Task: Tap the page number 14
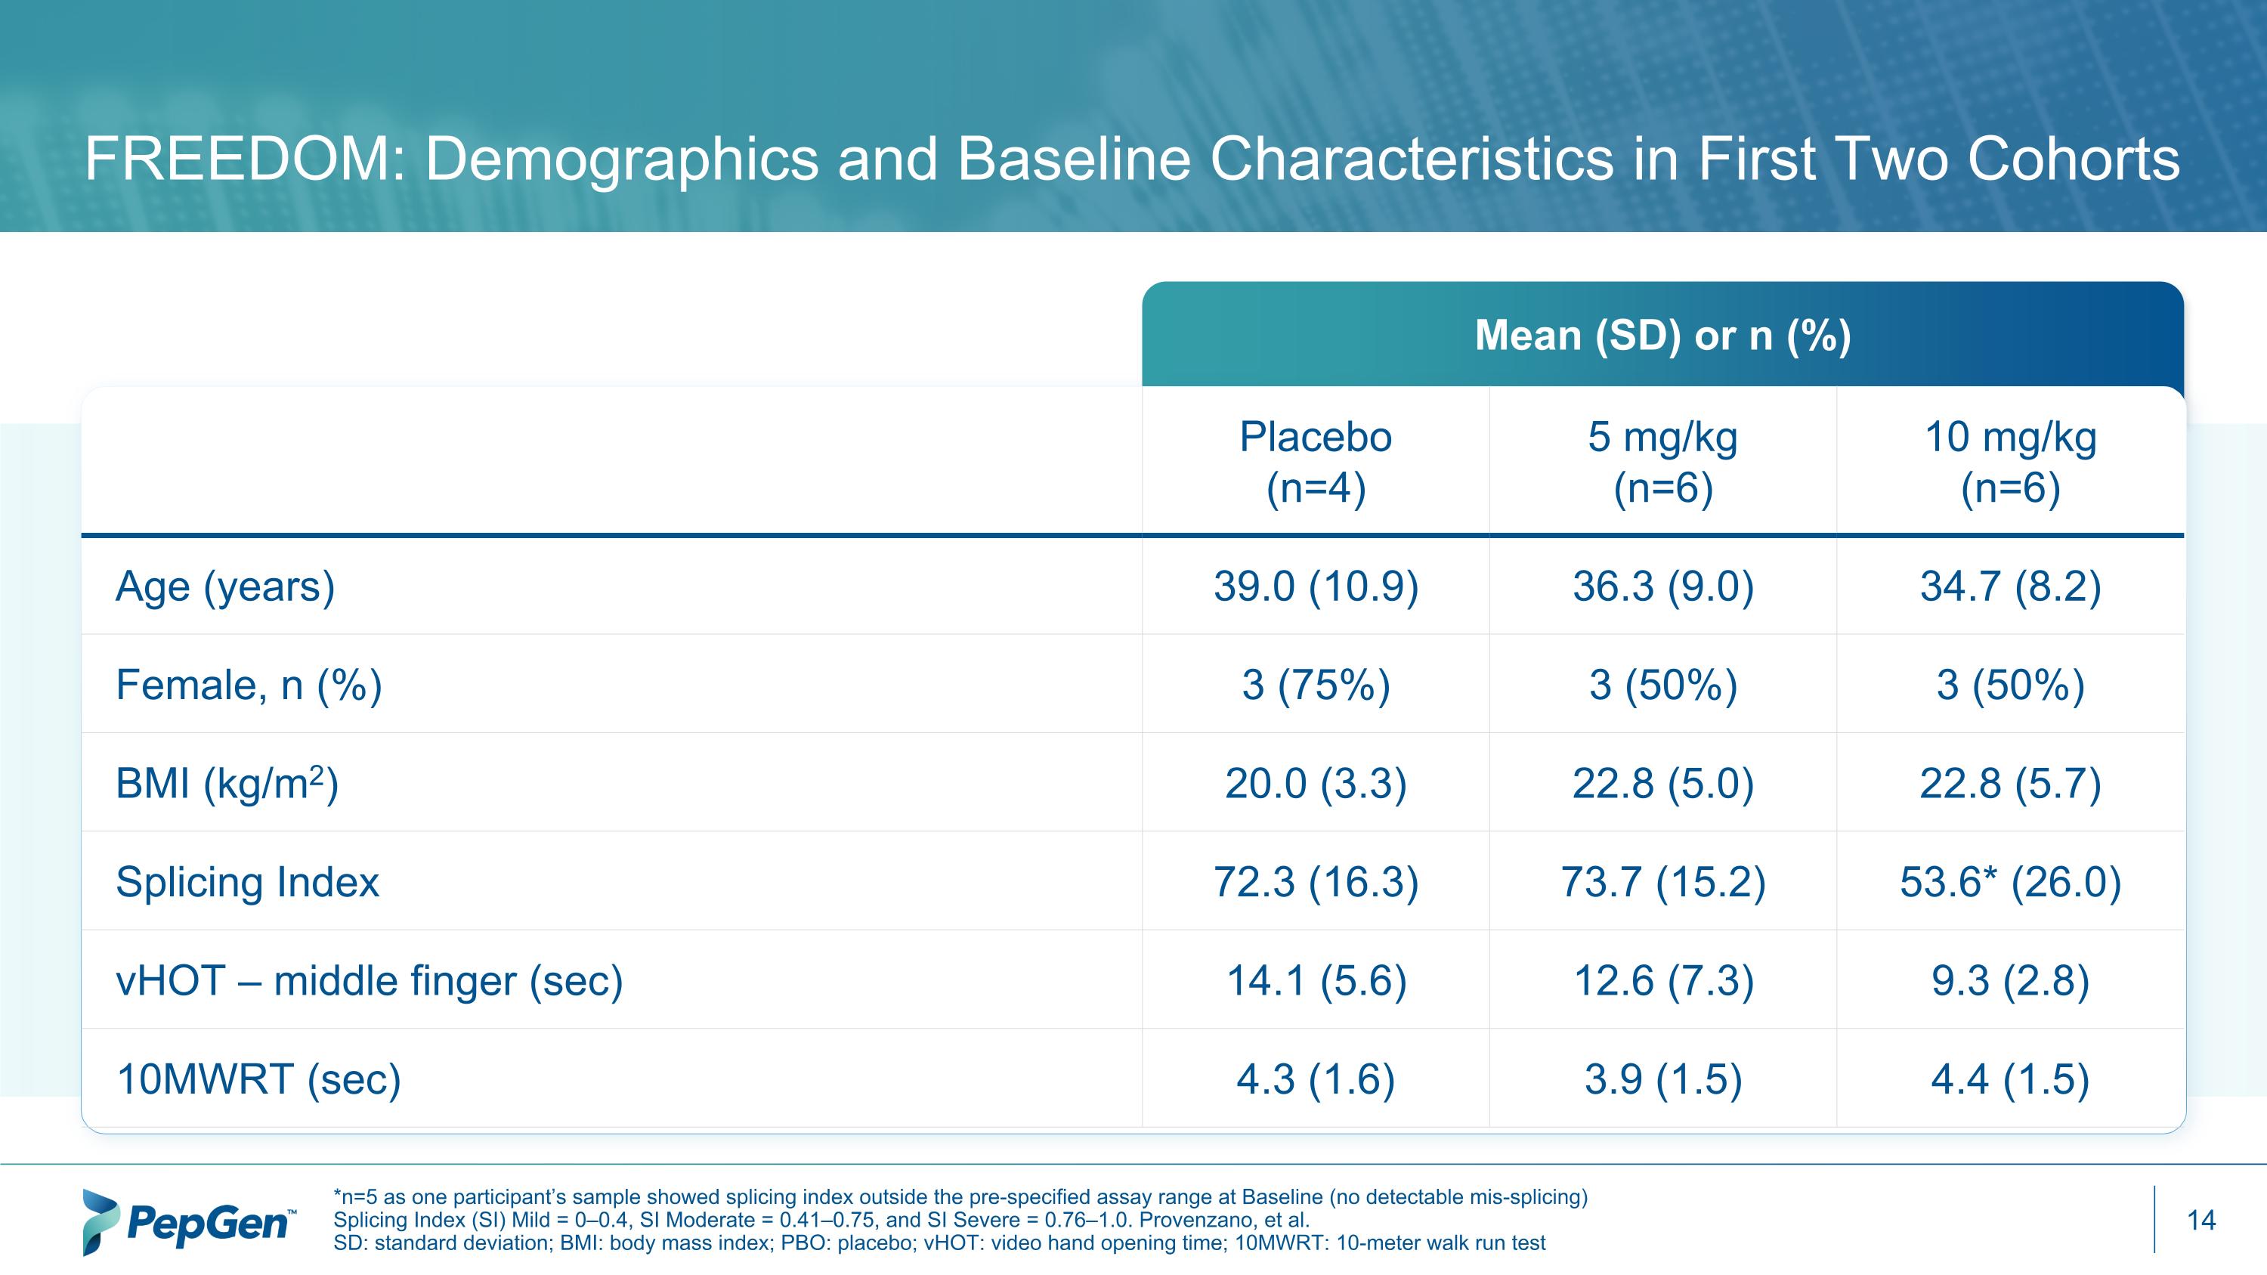click(x=2201, y=1221)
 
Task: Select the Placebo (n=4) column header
click(x=1316, y=462)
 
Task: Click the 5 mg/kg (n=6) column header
click(x=1662, y=462)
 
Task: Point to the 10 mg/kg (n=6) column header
click(x=2010, y=462)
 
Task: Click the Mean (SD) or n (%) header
click(x=1662, y=336)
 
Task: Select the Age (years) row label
click(x=225, y=587)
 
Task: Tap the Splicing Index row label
click(x=247, y=882)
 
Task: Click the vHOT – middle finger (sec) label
click(x=369, y=980)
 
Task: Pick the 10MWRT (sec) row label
click(x=258, y=1078)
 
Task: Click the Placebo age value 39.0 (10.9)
click(x=1316, y=587)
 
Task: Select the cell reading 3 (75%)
click(x=1316, y=685)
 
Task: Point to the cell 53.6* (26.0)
click(x=2010, y=882)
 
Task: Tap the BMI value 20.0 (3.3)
click(x=1316, y=783)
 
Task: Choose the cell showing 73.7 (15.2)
click(x=1662, y=882)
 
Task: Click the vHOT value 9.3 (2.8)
click(x=2010, y=980)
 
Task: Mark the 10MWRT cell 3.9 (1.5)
click(x=1662, y=1078)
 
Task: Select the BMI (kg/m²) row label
click(x=227, y=783)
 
